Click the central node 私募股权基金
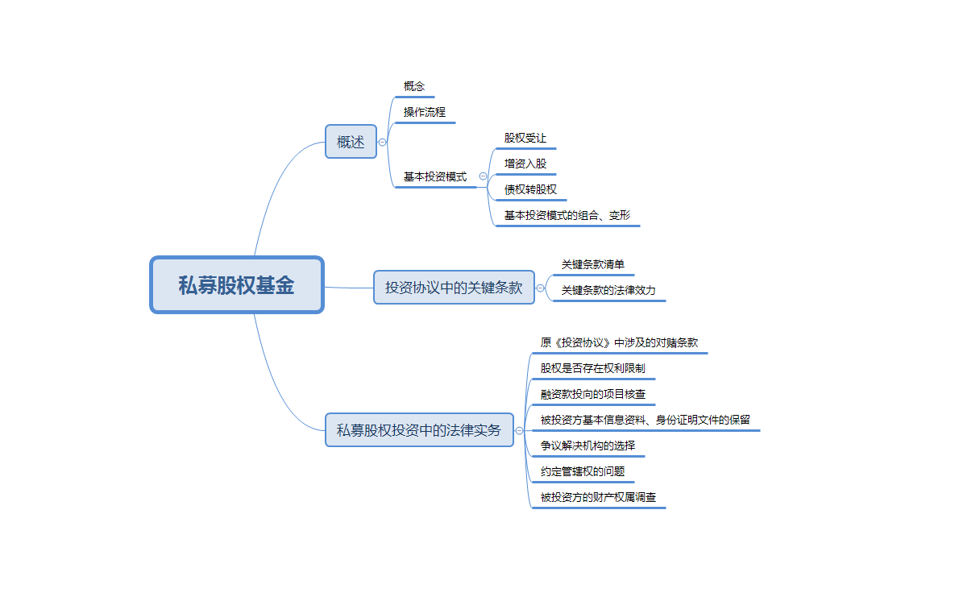[236, 285]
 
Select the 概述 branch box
[351, 142]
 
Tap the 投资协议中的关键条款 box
[454, 287]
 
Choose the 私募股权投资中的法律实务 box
[419, 430]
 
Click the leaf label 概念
[414, 86]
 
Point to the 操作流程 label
[425, 112]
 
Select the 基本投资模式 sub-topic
[435, 176]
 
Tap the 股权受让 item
[525, 138]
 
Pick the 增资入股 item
[525, 164]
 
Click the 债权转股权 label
[530, 189]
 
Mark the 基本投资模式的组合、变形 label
[567, 215]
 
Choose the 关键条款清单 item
[593, 264]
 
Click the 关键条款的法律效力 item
[608, 290]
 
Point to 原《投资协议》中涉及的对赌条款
[620, 342]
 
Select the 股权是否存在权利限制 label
[592, 368]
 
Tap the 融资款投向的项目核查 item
[593, 394]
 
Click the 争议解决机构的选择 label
[587, 446]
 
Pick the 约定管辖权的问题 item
[583, 471]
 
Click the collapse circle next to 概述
[382, 142]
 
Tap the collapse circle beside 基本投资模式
[483, 176]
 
